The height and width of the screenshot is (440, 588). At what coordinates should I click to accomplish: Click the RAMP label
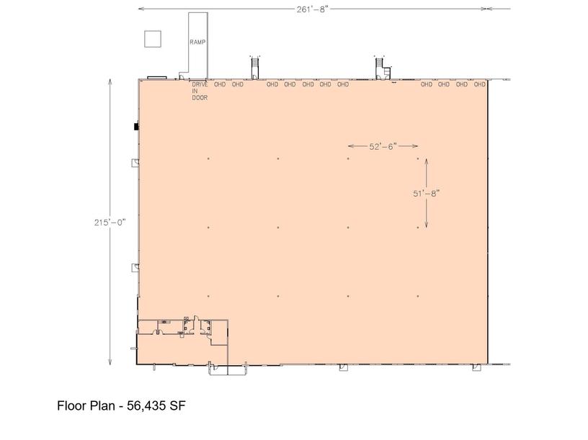click(197, 42)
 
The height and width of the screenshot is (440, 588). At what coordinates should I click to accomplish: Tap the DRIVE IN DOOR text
click(200, 91)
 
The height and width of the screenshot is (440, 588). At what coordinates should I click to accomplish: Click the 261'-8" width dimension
click(313, 9)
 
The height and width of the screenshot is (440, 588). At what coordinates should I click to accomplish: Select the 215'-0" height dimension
click(110, 223)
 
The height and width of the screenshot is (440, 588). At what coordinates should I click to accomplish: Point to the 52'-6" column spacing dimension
click(383, 146)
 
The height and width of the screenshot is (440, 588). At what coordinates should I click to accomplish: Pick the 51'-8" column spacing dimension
click(426, 194)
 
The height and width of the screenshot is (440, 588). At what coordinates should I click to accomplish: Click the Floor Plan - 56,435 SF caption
click(121, 405)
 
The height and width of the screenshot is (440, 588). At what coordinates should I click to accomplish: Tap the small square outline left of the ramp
click(153, 39)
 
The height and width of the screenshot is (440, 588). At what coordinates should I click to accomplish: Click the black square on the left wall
click(136, 127)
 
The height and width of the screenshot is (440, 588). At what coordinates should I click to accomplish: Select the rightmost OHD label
click(479, 84)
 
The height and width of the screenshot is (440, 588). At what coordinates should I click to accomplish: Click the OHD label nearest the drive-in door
click(220, 84)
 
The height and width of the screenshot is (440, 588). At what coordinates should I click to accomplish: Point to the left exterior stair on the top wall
click(254, 68)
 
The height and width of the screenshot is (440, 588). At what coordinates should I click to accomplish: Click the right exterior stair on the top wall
click(382, 68)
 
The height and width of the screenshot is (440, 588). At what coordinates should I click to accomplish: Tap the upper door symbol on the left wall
click(135, 163)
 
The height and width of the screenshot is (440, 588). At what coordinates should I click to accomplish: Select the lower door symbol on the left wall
click(135, 268)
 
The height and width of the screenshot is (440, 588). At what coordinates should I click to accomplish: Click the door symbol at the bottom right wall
click(476, 367)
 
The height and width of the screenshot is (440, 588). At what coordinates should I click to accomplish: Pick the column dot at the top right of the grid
click(418, 158)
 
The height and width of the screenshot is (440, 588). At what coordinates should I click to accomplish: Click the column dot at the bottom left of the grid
click(208, 296)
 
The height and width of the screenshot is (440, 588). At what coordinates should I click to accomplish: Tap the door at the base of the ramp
click(181, 77)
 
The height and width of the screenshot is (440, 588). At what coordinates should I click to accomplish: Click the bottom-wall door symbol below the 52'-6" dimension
click(344, 367)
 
